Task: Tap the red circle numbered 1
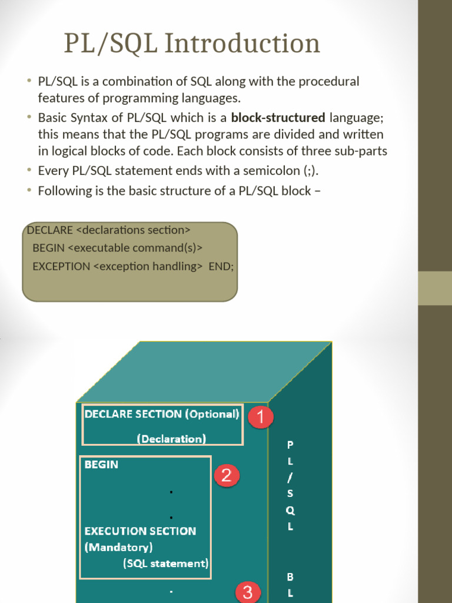[x=260, y=418]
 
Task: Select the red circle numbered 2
[x=227, y=475]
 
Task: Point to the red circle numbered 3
[x=248, y=592]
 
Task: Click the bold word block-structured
[x=278, y=117]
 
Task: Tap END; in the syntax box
[x=221, y=266]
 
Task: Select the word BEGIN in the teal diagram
[x=101, y=465]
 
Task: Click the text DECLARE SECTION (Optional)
[x=162, y=414]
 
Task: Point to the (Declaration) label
[x=171, y=439]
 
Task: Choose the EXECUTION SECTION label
[x=140, y=531]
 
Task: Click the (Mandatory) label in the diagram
[x=119, y=547]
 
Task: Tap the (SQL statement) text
[x=166, y=564]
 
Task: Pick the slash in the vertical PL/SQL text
[x=290, y=478]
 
